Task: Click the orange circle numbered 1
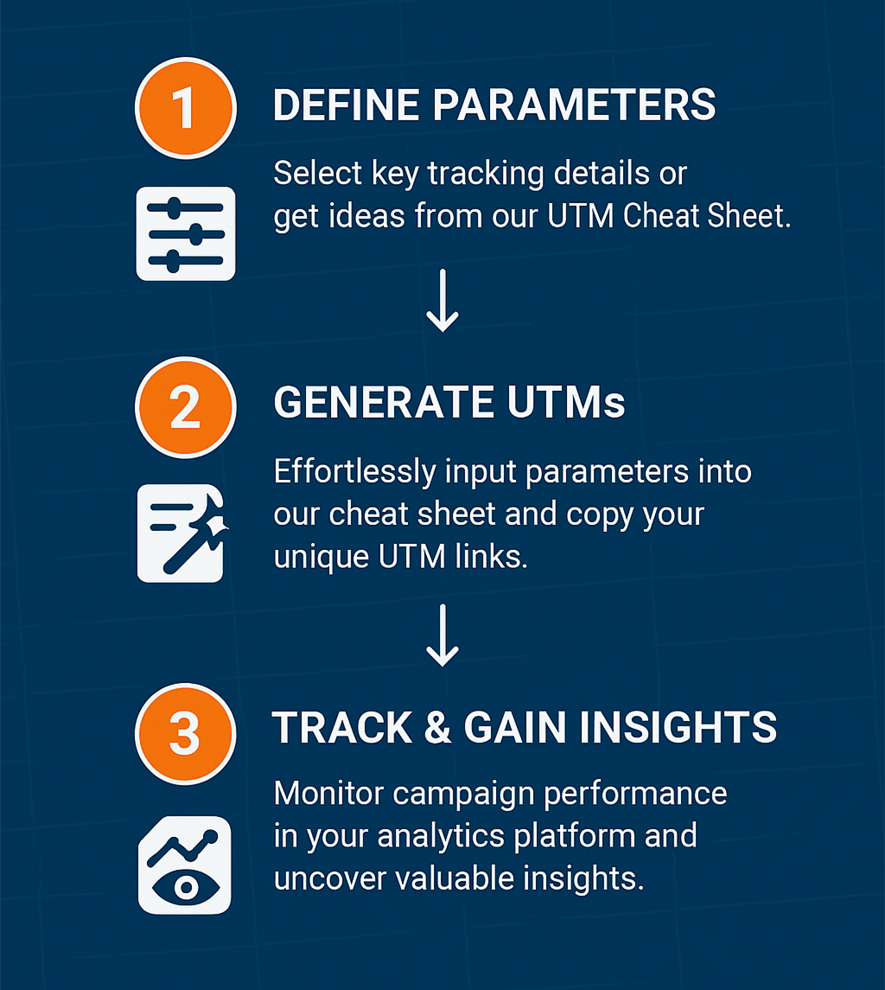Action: coord(185,109)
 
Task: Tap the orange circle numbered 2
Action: coord(185,406)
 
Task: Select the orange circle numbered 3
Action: coord(185,732)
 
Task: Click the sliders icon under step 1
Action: coord(185,233)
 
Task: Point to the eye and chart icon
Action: coord(185,865)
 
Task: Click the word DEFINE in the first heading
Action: coord(346,105)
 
